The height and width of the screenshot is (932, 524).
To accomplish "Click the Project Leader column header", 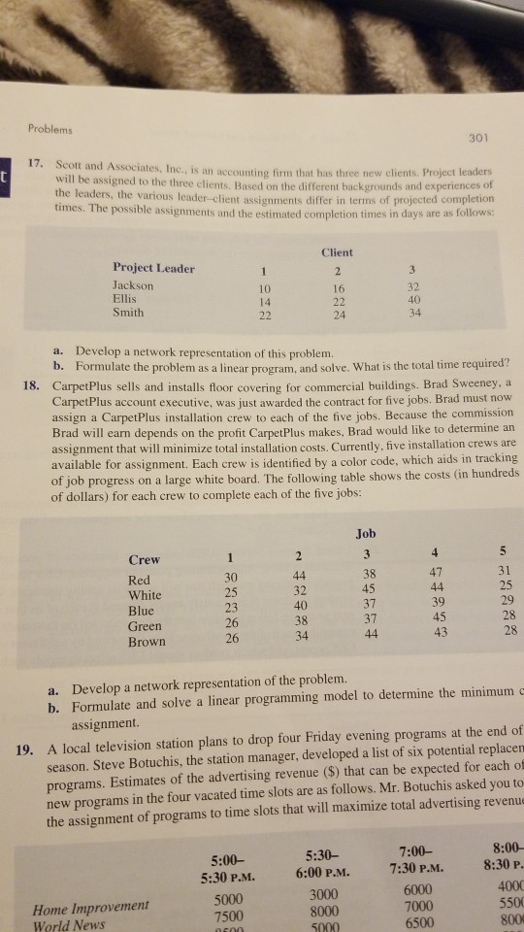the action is pos(154,269).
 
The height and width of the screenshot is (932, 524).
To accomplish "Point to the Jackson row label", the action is pos(133,285).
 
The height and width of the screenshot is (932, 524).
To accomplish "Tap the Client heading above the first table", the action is pos(336,251).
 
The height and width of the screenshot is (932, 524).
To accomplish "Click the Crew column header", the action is pos(145,559).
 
